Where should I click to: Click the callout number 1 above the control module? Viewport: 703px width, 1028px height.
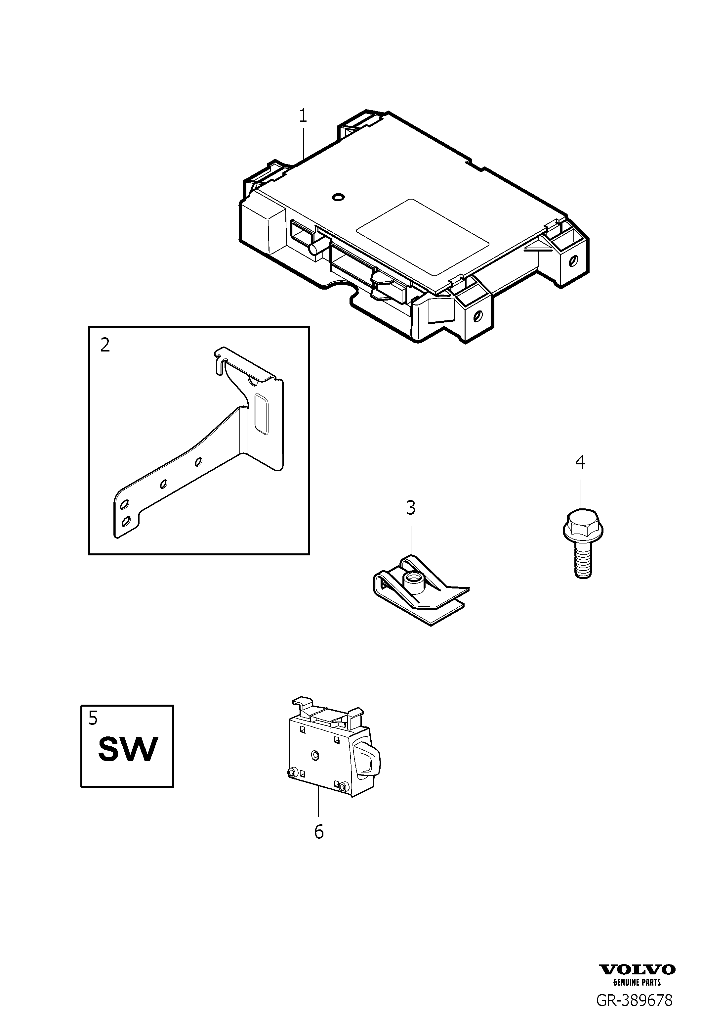pyautogui.click(x=303, y=116)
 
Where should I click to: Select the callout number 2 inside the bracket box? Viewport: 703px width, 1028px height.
pyautogui.click(x=105, y=345)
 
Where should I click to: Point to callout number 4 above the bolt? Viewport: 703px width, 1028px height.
pyautogui.click(x=580, y=462)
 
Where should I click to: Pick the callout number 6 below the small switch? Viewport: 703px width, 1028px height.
pyautogui.click(x=318, y=832)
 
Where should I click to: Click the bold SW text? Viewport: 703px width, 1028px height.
pyautogui.click(x=128, y=749)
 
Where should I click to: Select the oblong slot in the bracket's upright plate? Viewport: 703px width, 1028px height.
pyautogui.click(x=261, y=414)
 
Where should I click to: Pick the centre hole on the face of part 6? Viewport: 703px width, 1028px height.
pyautogui.click(x=314, y=754)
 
